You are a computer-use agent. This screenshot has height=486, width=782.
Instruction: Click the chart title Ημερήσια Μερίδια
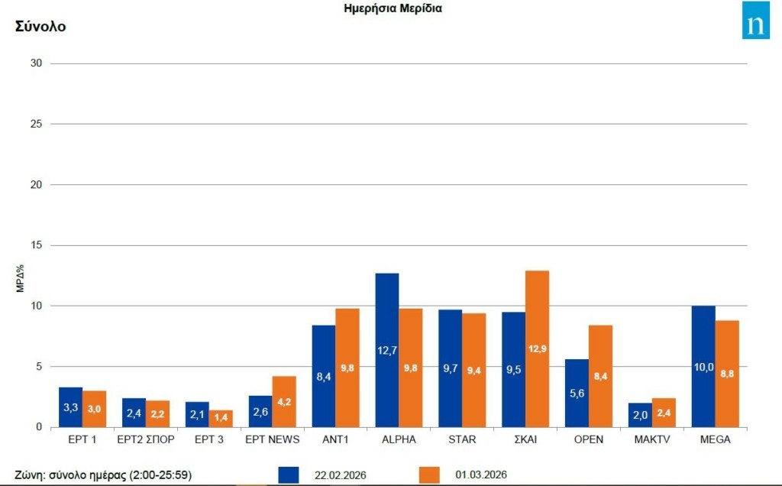coord(393,9)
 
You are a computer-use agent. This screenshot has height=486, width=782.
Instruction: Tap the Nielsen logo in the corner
coord(755,21)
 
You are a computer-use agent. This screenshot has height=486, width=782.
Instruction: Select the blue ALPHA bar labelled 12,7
coord(387,350)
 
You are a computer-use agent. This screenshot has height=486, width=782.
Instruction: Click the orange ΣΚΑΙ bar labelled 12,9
coord(538,348)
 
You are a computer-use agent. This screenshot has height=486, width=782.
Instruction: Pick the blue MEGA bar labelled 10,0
coord(703,367)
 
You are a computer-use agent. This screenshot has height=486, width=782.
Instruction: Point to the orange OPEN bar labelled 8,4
coord(600,376)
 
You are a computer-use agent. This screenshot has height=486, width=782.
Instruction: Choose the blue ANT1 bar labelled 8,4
coord(324,376)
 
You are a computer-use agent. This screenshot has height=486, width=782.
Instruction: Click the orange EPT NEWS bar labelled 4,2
coord(284,402)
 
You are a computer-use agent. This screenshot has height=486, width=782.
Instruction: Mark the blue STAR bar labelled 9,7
coord(451,368)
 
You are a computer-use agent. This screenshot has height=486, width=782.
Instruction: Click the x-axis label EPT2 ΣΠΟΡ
coord(146,439)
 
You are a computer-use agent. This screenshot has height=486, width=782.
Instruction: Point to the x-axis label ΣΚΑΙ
coord(525,439)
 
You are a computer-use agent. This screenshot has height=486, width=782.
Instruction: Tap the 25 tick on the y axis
coord(36,124)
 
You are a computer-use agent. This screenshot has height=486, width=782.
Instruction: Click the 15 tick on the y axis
coord(36,245)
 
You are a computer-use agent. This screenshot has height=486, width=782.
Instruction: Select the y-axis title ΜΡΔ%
coord(21,279)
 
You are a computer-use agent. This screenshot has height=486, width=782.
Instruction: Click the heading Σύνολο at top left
coord(40,27)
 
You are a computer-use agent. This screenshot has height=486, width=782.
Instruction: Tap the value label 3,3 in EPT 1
coord(70,408)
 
